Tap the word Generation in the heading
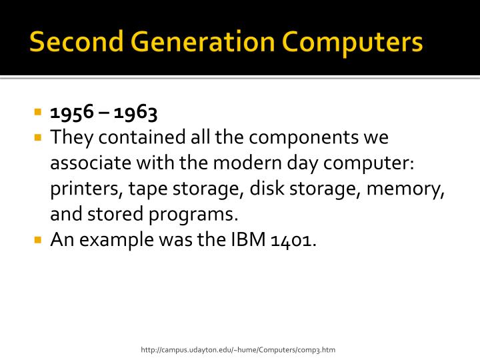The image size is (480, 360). pos(195,42)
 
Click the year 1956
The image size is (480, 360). pos(71,113)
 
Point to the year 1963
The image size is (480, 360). pos(135,113)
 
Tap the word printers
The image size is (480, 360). pos(83,189)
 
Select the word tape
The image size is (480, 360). pos(147,189)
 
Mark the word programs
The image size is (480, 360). pos(197,215)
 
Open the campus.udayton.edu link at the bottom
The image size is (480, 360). pos(237,349)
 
